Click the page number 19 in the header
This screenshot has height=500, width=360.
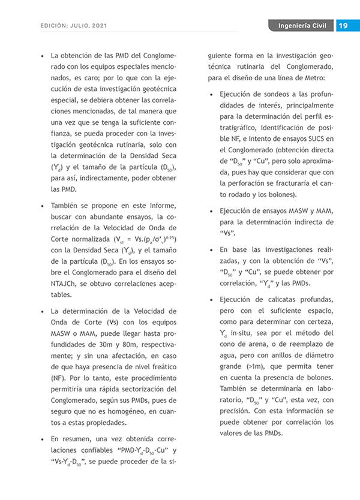click(x=344, y=26)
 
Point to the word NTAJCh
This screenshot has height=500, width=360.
click(x=63, y=284)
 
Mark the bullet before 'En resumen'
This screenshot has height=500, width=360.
click(x=40, y=439)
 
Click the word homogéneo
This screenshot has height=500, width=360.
click(x=129, y=411)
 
